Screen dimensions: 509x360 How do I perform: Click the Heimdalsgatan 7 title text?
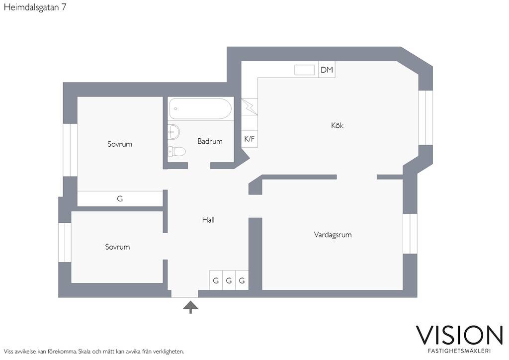35,7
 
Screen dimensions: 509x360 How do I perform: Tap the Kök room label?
338,125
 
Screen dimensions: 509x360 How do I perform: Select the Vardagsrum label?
333,234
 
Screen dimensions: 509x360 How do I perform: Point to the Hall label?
208,220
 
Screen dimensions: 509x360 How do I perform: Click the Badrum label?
210,141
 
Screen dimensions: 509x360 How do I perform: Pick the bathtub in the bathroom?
200,109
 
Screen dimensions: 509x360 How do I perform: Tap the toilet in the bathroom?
176,151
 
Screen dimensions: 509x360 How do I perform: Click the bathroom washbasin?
174,132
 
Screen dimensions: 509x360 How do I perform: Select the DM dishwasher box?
327,70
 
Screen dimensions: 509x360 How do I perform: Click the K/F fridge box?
250,139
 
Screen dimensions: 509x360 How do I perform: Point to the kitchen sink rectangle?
304,70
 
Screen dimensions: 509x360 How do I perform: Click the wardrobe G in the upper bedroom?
120,199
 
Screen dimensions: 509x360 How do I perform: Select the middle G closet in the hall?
229,280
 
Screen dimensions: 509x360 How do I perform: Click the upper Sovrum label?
120,144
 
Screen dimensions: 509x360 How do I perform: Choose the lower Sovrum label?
117,247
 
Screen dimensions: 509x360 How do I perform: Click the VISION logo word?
459,335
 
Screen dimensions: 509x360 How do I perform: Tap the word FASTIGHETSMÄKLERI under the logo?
459,351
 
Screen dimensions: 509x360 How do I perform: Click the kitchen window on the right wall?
425,117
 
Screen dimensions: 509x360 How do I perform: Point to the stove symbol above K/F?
250,107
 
